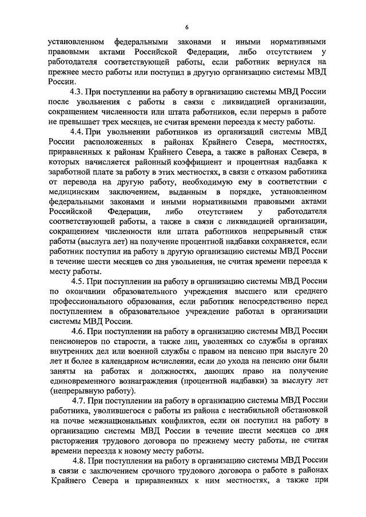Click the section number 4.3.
click(76, 92)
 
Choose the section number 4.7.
click(79, 400)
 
